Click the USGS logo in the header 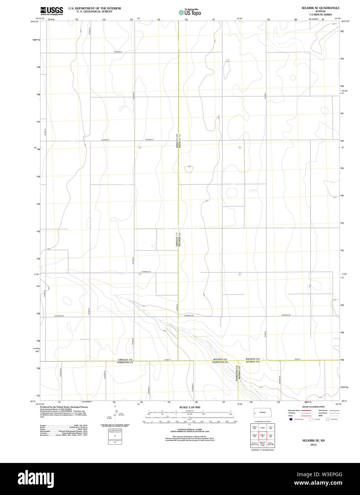pyautogui.click(x=52, y=11)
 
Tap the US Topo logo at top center pyautogui.click(x=190, y=12)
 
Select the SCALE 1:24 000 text pyautogui.click(x=189, y=407)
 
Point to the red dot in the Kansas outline pyautogui.click(x=255, y=413)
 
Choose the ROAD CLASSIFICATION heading pyautogui.click(x=313, y=407)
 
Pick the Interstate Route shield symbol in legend pyautogui.click(x=291, y=420)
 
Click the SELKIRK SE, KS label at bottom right pyautogui.click(x=313, y=441)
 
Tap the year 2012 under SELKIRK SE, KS pyautogui.click(x=313, y=444)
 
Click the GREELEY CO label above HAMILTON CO pyautogui.click(x=125, y=360)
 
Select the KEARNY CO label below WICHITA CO pyautogui.click(x=252, y=362)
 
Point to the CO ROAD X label pyautogui.click(x=118, y=52)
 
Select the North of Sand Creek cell pyautogui.click(x=254, y=444)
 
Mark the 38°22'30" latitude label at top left pyautogui.click(x=35, y=21)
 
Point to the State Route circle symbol pyautogui.click(x=328, y=420)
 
